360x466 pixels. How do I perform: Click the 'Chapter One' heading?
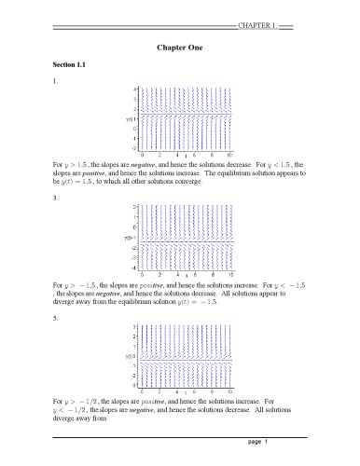[180, 45]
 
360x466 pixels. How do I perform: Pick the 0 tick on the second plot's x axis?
[142, 273]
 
